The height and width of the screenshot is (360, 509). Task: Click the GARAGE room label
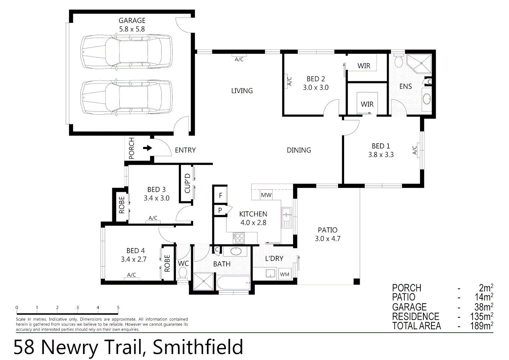pyautogui.click(x=132, y=21)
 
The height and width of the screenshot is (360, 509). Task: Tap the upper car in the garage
pyautogui.click(x=127, y=52)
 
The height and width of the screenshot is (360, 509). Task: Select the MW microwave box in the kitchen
pyautogui.click(x=266, y=195)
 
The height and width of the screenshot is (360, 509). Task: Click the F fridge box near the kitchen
pyautogui.click(x=220, y=196)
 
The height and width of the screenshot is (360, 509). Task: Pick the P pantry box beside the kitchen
pyautogui.click(x=220, y=210)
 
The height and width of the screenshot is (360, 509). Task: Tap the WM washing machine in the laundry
pyautogui.click(x=284, y=274)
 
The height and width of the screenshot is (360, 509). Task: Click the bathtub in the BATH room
pyautogui.click(x=233, y=283)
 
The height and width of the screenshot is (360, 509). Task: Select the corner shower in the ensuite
pyautogui.click(x=419, y=63)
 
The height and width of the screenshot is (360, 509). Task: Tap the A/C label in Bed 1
pyautogui.click(x=415, y=150)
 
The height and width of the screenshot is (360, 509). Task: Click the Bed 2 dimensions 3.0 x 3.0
pyautogui.click(x=315, y=88)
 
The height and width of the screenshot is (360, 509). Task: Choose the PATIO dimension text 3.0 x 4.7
pyautogui.click(x=327, y=239)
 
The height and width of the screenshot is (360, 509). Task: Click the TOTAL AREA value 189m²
pyautogui.click(x=481, y=326)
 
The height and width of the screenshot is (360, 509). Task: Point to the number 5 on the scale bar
pyautogui.click(x=118, y=308)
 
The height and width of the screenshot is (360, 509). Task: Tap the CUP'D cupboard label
pyautogui.click(x=187, y=183)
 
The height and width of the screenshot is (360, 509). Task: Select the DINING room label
pyautogui.click(x=299, y=150)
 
